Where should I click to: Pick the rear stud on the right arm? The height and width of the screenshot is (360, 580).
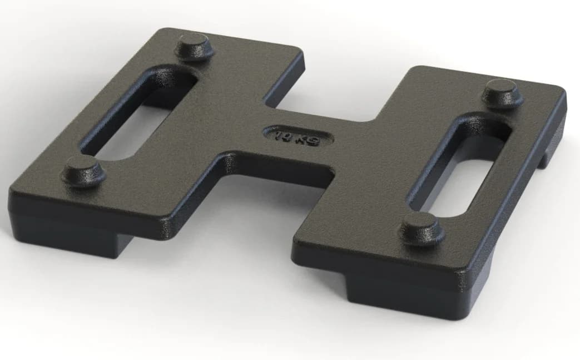[502, 92]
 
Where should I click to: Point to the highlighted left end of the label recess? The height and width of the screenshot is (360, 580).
[266, 132]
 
